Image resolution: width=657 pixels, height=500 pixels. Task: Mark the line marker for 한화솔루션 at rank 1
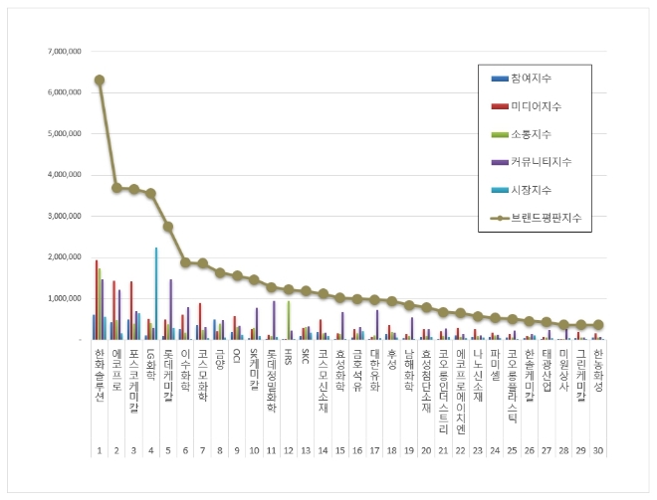pos(100,80)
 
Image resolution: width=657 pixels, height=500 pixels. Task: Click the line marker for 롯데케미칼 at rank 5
pos(168,227)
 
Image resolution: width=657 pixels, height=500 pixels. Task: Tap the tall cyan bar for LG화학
pos(156,293)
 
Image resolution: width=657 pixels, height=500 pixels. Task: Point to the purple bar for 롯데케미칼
pos(170,309)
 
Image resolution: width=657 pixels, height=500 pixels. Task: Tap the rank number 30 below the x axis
pos(597,422)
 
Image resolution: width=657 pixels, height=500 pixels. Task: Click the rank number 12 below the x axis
pos(288,422)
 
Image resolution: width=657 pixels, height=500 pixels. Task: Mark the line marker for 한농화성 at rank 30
pos(597,325)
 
